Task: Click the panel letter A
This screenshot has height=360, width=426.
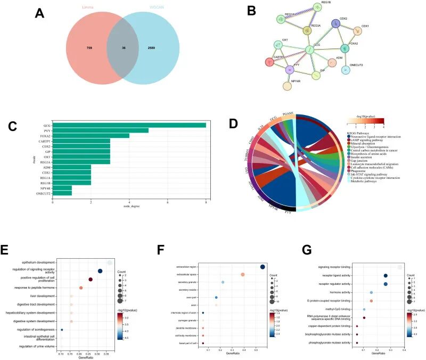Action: click(39, 14)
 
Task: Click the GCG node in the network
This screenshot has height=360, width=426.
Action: click(309, 51)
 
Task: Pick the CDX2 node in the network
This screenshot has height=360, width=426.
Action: click(336, 23)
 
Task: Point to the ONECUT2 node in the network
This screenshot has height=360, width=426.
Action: click(347, 69)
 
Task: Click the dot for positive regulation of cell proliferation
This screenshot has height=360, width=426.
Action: click(91, 279)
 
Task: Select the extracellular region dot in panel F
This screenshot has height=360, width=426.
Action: click(263, 267)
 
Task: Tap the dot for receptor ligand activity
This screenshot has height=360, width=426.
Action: click(386, 276)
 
